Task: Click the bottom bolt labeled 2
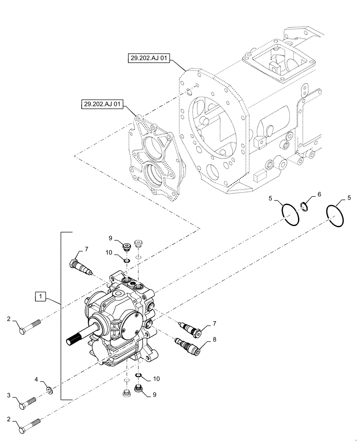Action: pos(29,427)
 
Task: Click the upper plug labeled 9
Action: pos(125,245)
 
